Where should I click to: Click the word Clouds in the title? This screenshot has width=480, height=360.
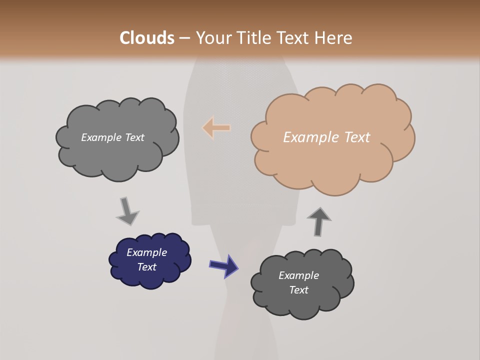click(x=147, y=38)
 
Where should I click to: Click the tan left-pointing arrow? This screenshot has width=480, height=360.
click(x=217, y=128)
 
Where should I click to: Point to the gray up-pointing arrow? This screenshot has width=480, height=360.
click(x=318, y=221)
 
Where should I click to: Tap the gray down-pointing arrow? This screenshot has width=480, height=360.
click(x=127, y=211)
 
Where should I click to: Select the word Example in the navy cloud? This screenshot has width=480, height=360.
click(x=146, y=252)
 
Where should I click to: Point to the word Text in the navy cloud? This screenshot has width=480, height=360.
click(x=146, y=267)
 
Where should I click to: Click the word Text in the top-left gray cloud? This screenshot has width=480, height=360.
click(x=133, y=137)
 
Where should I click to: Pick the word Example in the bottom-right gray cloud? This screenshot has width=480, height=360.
click(x=298, y=275)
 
